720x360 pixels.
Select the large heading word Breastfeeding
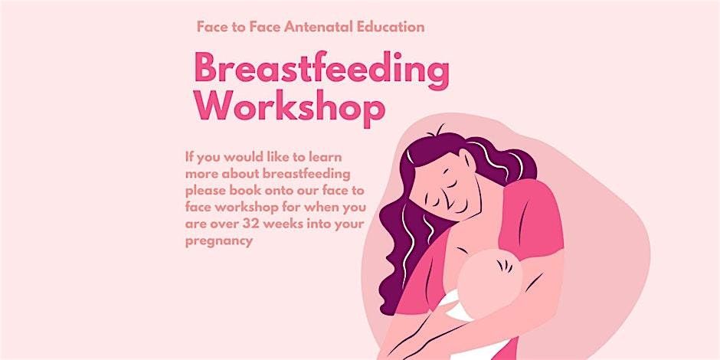[321, 71]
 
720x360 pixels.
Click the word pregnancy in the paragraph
[218, 241]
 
